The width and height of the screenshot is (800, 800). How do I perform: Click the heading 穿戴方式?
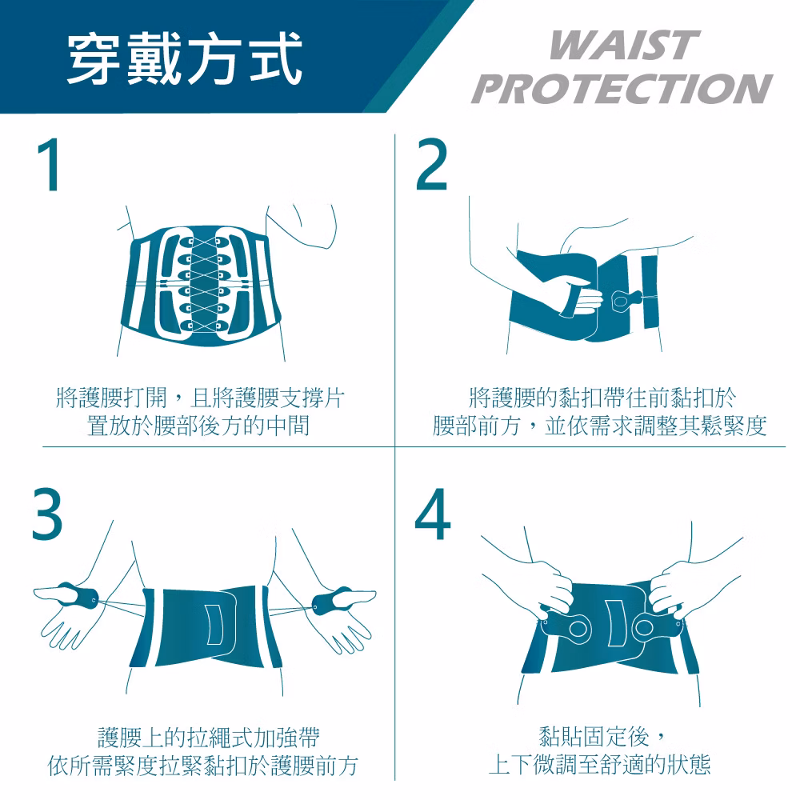(x=185, y=58)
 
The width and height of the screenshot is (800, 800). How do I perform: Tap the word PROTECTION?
(x=622, y=88)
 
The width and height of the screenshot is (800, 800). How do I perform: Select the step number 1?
(x=49, y=166)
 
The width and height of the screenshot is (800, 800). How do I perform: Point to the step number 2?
(x=432, y=164)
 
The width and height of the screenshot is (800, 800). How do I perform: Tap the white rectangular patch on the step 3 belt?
(x=214, y=625)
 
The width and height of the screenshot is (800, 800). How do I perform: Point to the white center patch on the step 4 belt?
(x=616, y=623)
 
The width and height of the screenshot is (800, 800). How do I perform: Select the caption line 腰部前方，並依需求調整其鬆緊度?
(x=599, y=426)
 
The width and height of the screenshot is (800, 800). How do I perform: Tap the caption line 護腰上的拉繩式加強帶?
(x=209, y=738)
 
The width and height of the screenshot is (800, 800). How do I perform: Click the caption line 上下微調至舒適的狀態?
(x=599, y=765)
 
